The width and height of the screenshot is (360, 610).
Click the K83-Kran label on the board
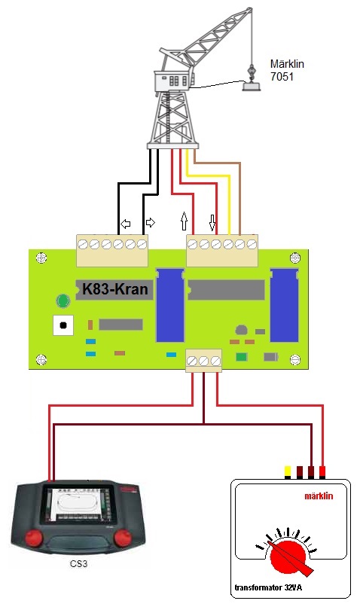click(115, 289)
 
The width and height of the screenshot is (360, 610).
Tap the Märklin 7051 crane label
click(287, 70)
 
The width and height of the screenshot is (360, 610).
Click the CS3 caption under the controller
click(78, 563)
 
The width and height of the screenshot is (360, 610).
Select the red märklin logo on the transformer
click(319, 496)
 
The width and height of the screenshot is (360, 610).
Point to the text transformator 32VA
click(268, 587)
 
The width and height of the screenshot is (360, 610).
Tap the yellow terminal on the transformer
click(288, 472)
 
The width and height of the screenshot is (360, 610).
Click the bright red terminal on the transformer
click(322, 472)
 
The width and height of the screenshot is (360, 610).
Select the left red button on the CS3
click(33, 538)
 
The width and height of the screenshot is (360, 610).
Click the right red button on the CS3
click(123, 538)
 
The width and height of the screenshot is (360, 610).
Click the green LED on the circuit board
click(63, 300)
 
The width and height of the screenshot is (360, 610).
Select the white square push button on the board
click(63, 325)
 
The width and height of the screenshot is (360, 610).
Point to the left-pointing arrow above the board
click(125, 224)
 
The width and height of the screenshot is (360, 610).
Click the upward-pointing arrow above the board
click(184, 221)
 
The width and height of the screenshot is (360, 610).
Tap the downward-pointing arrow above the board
click(212, 222)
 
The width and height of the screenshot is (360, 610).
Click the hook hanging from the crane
click(252, 72)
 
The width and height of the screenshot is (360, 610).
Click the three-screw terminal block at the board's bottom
click(203, 361)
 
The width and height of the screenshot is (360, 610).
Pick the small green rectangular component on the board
click(241, 357)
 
